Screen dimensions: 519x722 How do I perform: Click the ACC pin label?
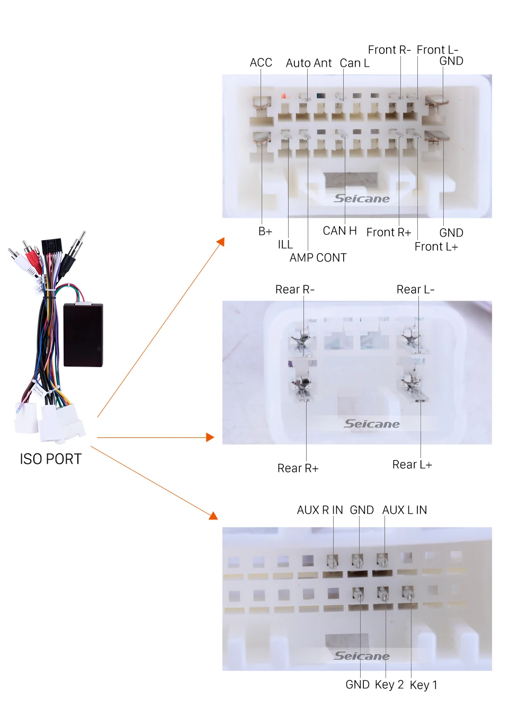click(x=261, y=62)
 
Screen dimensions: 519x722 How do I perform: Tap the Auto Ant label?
click(x=309, y=63)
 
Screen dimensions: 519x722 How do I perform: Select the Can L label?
click(x=354, y=63)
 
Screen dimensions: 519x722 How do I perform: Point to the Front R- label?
click(x=389, y=50)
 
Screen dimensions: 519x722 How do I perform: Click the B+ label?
click(x=265, y=232)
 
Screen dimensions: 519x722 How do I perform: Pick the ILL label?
click(x=285, y=245)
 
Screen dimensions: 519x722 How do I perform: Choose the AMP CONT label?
click(x=318, y=258)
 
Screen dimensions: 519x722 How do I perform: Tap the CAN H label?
click(x=339, y=231)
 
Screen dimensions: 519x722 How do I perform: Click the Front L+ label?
click(x=436, y=246)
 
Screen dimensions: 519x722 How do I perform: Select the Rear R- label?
click(x=294, y=289)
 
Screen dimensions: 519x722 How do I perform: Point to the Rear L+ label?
click(x=412, y=464)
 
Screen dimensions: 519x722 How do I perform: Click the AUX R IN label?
click(x=320, y=510)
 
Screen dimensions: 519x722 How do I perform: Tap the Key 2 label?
click(x=389, y=684)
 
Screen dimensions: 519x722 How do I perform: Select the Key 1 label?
click(x=424, y=685)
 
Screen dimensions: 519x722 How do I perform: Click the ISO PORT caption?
click(x=51, y=459)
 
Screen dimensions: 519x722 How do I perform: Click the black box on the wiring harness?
click(x=83, y=335)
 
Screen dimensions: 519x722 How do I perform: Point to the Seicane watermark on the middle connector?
click(x=371, y=424)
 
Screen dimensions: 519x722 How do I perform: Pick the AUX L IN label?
click(x=405, y=510)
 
